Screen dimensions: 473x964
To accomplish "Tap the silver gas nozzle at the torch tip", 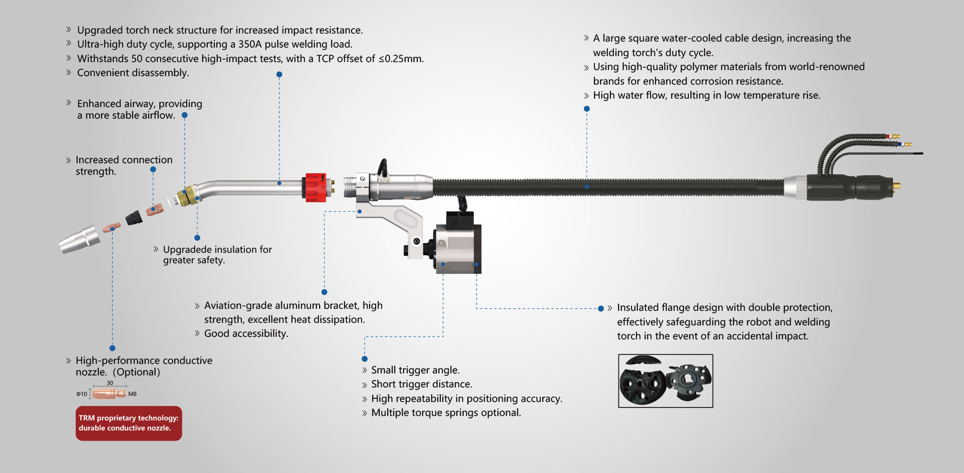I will (x=79, y=239).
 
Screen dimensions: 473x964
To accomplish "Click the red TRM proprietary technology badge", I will (x=129, y=423).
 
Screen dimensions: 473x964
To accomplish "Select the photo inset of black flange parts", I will (x=665, y=381).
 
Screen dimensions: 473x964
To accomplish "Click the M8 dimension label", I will (x=133, y=394).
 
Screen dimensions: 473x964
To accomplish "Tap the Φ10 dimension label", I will (x=81, y=394).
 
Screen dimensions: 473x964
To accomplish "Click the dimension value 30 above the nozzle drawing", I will (x=110, y=383).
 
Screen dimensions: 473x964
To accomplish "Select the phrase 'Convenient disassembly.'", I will (x=133, y=73).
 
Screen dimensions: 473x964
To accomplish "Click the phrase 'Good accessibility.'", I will (x=246, y=334).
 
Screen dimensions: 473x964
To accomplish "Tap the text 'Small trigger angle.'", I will (x=415, y=370).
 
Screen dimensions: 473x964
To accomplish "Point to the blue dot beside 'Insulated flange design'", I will (x=601, y=308).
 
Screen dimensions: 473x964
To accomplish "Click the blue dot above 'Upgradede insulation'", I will (x=197, y=238).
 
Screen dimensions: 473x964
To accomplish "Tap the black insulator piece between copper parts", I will (x=134, y=218).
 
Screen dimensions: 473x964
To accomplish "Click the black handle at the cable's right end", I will (x=843, y=187).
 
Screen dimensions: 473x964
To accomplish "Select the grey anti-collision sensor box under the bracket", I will (x=458, y=249).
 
